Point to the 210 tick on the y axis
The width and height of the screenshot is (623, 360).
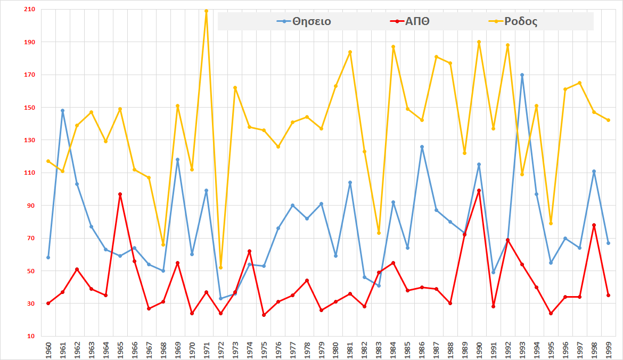(x=29, y=9)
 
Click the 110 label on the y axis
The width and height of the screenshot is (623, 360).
(x=29, y=173)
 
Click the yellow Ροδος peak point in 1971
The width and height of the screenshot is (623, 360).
(x=206, y=11)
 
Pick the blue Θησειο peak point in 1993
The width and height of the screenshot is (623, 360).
(x=522, y=75)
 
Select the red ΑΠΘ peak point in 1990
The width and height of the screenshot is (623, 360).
(x=479, y=191)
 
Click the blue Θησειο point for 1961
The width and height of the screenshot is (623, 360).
(x=62, y=111)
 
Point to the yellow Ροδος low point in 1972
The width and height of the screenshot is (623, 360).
(x=220, y=267)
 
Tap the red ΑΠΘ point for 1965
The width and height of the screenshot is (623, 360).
(x=120, y=194)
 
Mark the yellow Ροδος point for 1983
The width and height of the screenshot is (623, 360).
(x=379, y=233)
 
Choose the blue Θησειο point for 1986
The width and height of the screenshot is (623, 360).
(x=422, y=146)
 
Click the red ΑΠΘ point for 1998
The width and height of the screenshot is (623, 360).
(x=594, y=225)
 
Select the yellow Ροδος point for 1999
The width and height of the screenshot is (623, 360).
(x=608, y=120)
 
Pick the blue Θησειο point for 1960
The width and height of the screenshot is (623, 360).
(x=48, y=257)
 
